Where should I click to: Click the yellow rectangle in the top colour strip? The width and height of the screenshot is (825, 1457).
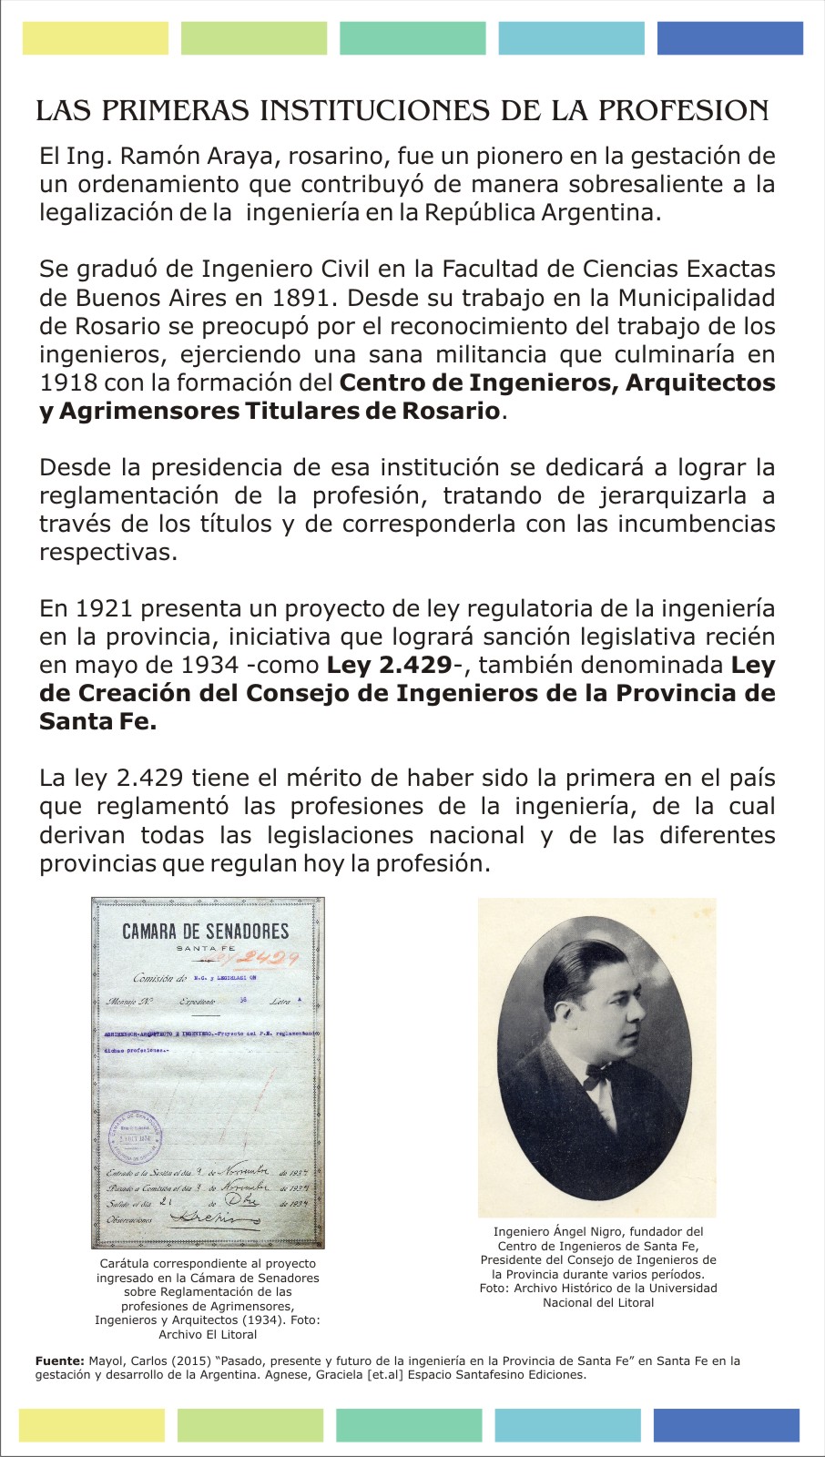click(x=96, y=38)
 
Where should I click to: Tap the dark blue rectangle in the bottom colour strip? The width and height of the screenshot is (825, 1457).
click(x=726, y=1425)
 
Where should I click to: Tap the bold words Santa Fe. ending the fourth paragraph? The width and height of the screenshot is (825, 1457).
click(x=97, y=721)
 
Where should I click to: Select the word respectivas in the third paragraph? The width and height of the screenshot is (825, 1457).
click(x=107, y=553)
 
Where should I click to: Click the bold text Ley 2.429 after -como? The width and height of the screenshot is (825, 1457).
click(x=389, y=665)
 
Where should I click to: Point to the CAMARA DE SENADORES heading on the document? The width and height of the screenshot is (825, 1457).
click(x=206, y=931)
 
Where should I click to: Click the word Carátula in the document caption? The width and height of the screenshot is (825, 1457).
click(x=127, y=1264)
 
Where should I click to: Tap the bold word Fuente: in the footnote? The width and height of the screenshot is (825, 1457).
click(x=59, y=1361)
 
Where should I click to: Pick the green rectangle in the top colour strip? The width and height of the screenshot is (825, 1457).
click(x=254, y=38)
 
